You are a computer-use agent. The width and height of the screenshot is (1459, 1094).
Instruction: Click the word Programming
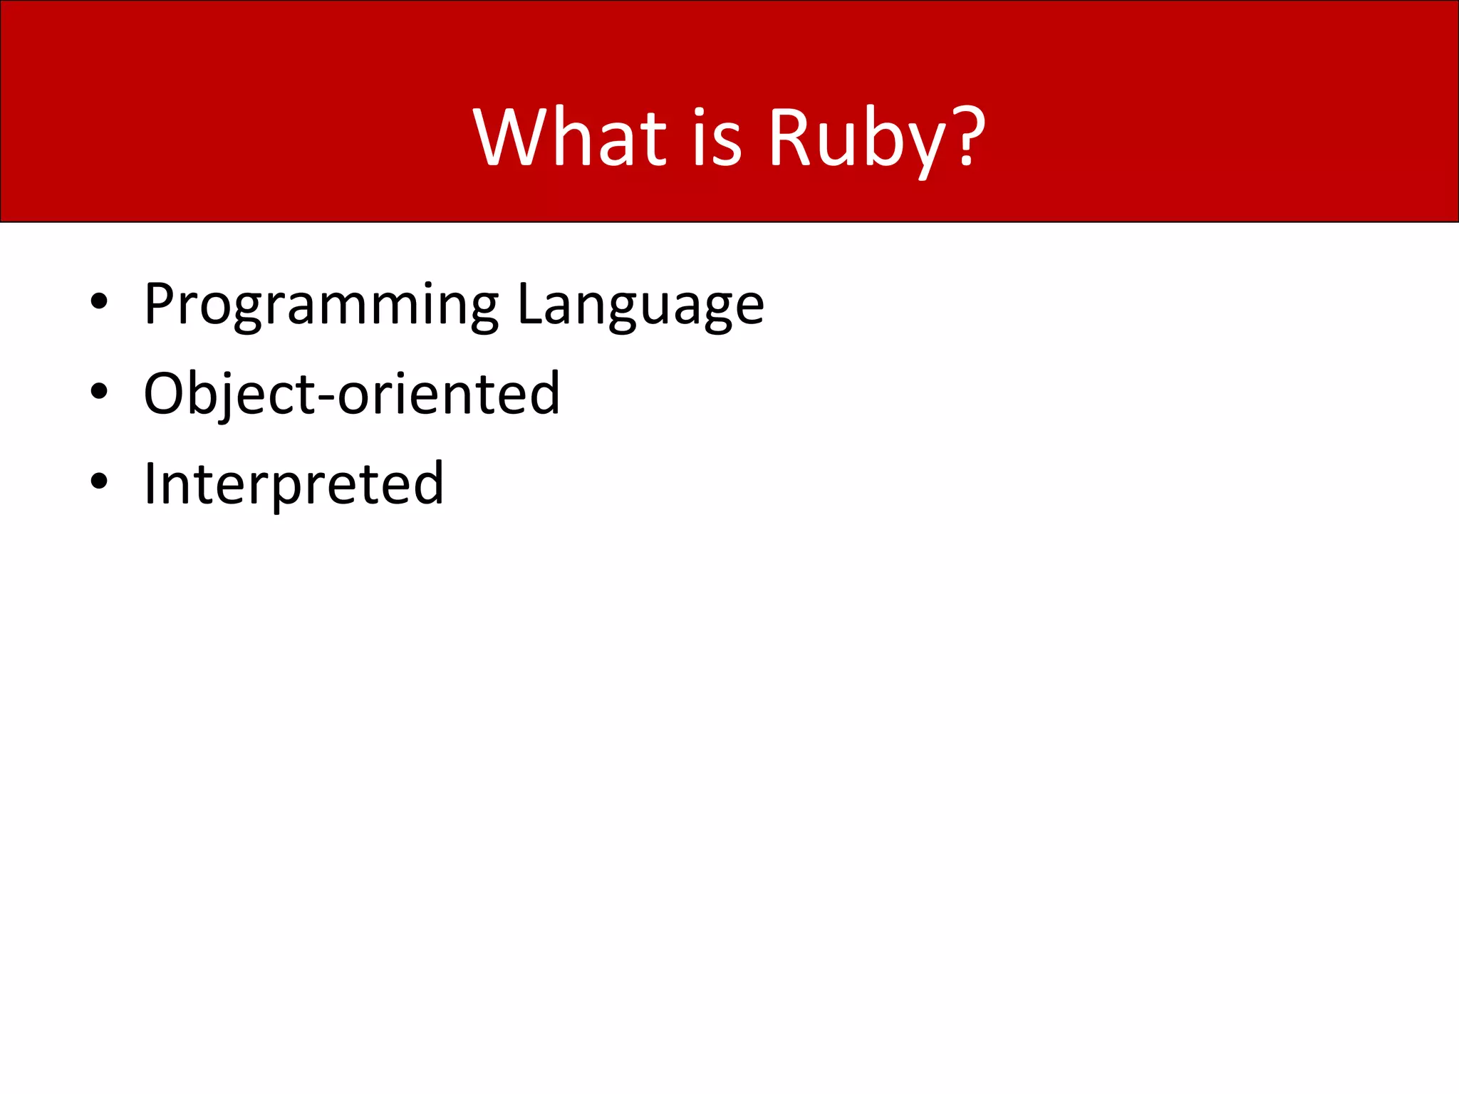[321, 305]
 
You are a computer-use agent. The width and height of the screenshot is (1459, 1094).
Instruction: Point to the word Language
[640, 305]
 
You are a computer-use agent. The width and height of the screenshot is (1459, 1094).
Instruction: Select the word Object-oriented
[352, 394]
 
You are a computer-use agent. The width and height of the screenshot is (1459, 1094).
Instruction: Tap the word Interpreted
[294, 484]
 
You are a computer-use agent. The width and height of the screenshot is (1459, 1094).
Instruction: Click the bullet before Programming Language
[99, 301]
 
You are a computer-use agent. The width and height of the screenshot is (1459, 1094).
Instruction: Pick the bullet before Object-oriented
[99, 391]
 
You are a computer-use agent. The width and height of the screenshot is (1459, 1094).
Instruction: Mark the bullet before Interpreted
[99, 481]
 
